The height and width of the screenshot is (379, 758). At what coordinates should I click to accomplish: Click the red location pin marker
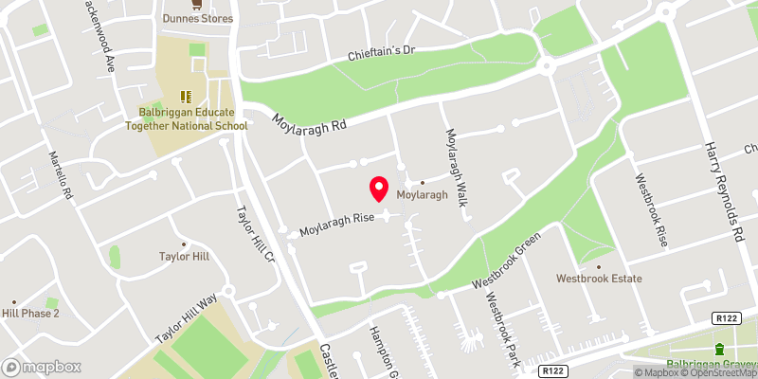click(379, 189)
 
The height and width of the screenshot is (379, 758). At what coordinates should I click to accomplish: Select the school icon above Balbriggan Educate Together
click(186, 96)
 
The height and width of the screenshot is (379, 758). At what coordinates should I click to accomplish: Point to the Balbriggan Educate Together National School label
click(187, 117)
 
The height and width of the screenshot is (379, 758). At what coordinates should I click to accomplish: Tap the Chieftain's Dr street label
click(381, 49)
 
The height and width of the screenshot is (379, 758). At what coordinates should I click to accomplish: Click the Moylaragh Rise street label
click(338, 225)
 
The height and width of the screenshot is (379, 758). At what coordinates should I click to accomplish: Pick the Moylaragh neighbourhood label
click(421, 194)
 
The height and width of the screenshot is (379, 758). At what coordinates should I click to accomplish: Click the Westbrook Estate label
click(599, 279)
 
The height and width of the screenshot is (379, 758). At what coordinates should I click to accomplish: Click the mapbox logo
click(43, 367)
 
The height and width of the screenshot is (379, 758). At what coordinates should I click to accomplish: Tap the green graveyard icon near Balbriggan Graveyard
click(718, 349)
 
